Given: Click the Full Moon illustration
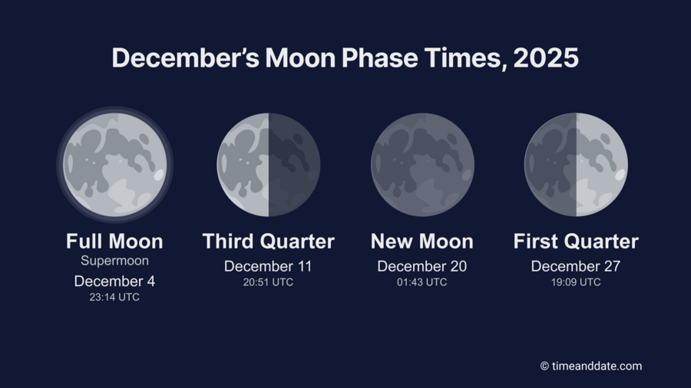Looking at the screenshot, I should (114, 164).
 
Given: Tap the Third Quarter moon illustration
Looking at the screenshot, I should (268, 164).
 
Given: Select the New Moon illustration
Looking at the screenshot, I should (422, 164).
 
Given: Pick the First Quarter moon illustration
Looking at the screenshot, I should (576, 164).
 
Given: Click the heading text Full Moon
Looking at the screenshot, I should (114, 242).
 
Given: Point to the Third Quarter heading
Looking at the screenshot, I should (268, 242).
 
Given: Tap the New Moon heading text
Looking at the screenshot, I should (422, 242).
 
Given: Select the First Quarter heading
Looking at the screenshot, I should (576, 242).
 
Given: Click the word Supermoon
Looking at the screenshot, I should (114, 261).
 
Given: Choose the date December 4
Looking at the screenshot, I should (114, 281).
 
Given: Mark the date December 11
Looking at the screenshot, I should (268, 267).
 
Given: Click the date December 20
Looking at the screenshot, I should (422, 267).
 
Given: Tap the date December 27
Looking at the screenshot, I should (576, 267).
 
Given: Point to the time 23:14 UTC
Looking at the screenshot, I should (114, 298).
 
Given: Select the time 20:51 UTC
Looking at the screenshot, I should (268, 282).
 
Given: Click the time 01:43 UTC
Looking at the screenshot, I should (422, 282).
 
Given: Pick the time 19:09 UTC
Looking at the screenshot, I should (576, 282).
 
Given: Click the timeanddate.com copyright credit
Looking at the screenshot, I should (590, 367).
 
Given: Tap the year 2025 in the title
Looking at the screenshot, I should (546, 58).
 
